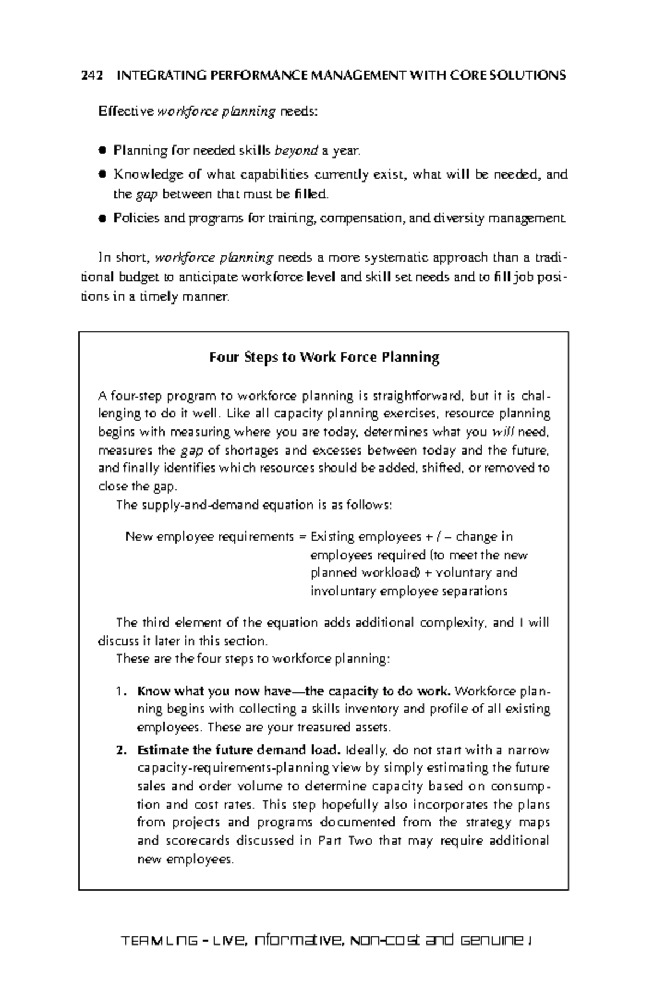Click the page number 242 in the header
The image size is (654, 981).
click(92, 75)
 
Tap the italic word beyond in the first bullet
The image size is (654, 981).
click(295, 150)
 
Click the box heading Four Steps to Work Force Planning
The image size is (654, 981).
click(324, 358)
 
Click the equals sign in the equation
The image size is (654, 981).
click(303, 537)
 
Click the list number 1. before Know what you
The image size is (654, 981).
click(121, 692)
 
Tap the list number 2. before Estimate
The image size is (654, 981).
click(121, 750)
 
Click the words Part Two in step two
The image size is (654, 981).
click(344, 841)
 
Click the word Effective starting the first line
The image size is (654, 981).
click(126, 112)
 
